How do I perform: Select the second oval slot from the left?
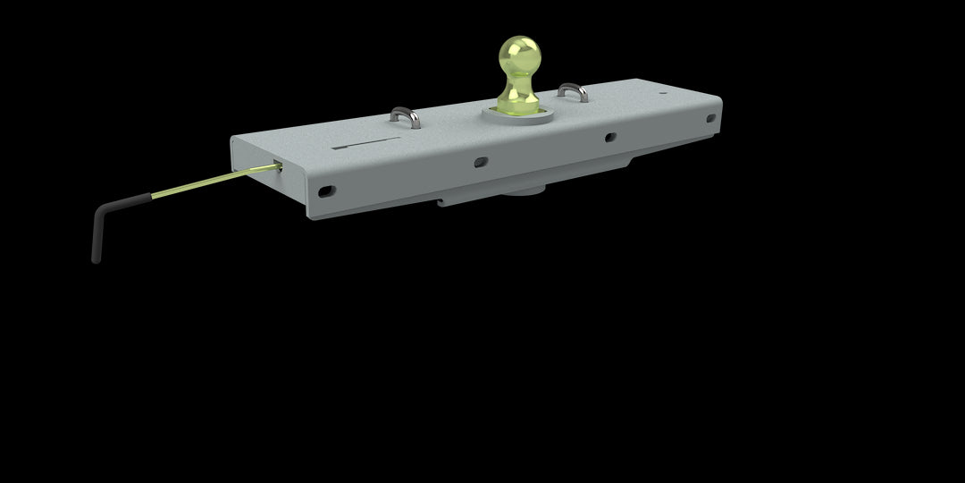[481, 162]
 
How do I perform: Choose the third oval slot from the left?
[609, 138]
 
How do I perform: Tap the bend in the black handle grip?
[101, 211]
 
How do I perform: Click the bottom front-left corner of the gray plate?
[309, 217]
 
